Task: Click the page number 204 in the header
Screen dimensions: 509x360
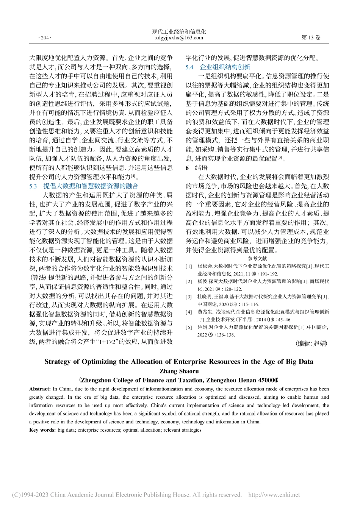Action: point(44,38)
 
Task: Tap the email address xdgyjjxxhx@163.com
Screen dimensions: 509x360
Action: point(179,38)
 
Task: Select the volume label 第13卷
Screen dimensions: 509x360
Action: point(310,37)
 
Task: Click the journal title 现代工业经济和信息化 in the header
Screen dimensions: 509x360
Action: point(179,32)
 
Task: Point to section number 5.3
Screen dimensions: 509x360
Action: point(33,186)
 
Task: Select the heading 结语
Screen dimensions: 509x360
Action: point(201,168)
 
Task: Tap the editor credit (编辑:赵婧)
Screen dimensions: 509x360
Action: point(311,343)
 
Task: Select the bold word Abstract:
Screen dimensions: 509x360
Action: point(40,389)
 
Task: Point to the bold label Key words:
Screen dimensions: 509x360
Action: point(42,430)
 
